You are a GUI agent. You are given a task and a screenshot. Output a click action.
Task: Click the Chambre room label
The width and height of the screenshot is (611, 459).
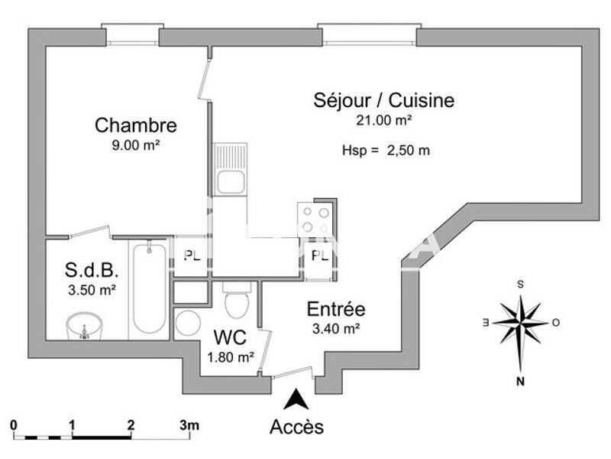pyautogui.click(x=135, y=125)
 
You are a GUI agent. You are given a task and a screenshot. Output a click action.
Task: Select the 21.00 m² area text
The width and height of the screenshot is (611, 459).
pyautogui.click(x=384, y=120)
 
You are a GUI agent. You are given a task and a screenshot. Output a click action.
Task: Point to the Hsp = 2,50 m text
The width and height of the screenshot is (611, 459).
pyautogui.click(x=386, y=151)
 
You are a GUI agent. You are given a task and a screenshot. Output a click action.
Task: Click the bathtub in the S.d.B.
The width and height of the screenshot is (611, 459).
pyautogui.click(x=148, y=288)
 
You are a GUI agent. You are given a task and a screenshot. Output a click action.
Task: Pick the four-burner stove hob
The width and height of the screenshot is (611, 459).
pyautogui.click(x=315, y=219)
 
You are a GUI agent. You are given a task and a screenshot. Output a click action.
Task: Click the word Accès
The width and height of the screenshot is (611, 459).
pyautogui.click(x=296, y=427)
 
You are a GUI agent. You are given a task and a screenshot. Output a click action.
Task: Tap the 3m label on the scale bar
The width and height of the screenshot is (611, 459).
pyautogui.click(x=189, y=425)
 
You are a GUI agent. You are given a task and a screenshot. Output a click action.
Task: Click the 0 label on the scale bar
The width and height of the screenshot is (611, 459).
pyautogui.click(x=14, y=425)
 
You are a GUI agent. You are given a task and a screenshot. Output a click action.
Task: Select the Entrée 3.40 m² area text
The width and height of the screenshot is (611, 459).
pyautogui.click(x=336, y=329)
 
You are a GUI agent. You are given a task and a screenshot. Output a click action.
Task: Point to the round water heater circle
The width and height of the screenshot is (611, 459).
pyautogui.click(x=187, y=323)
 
